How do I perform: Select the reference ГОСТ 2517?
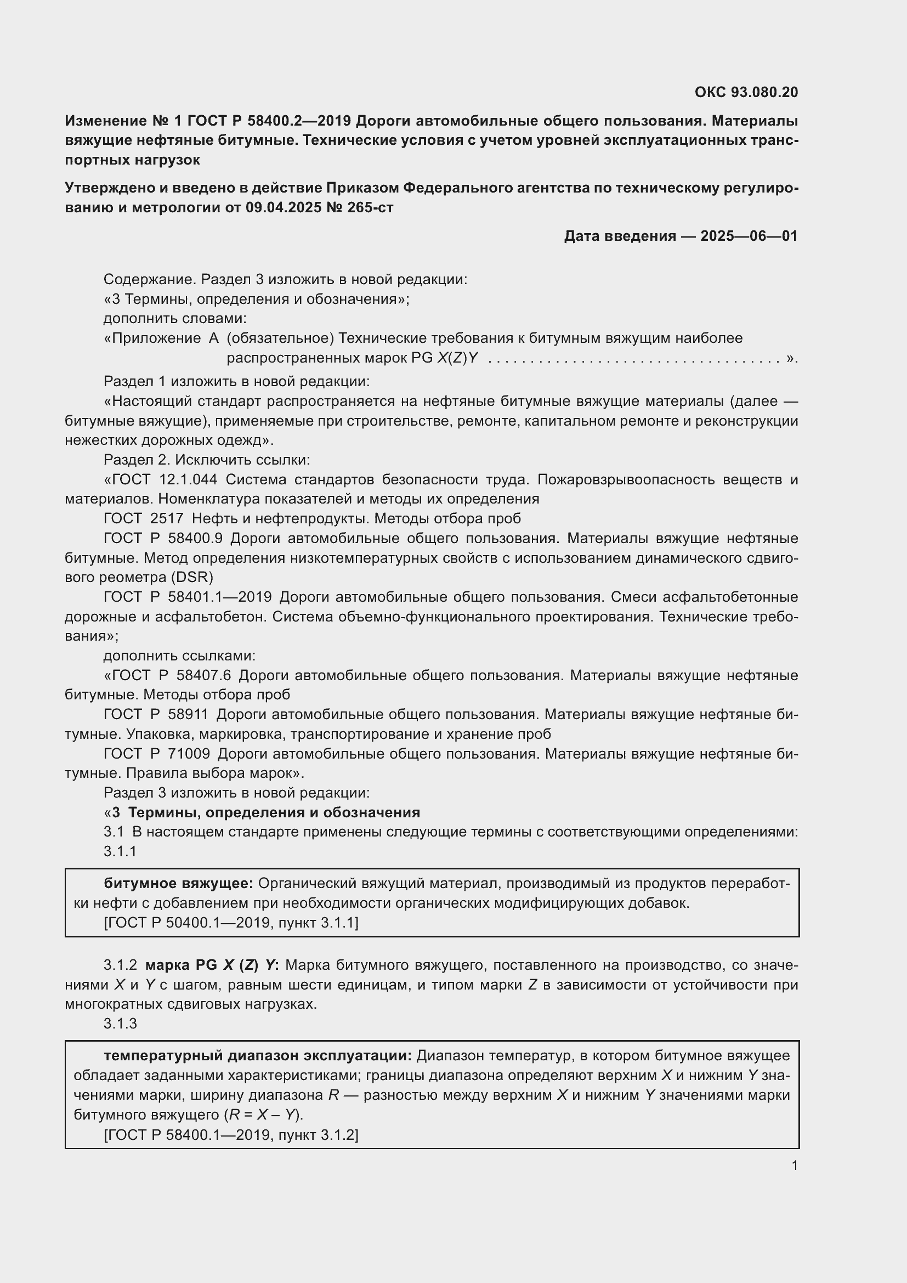(x=144, y=518)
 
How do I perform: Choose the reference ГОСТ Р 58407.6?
(x=172, y=675)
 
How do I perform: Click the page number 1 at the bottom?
(x=794, y=1166)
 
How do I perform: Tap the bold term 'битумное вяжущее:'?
(x=179, y=884)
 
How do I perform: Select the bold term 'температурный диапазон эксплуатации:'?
(x=258, y=1055)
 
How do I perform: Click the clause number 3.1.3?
(x=120, y=1024)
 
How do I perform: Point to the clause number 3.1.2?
(x=120, y=965)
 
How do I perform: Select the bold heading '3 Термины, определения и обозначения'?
(x=266, y=812)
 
